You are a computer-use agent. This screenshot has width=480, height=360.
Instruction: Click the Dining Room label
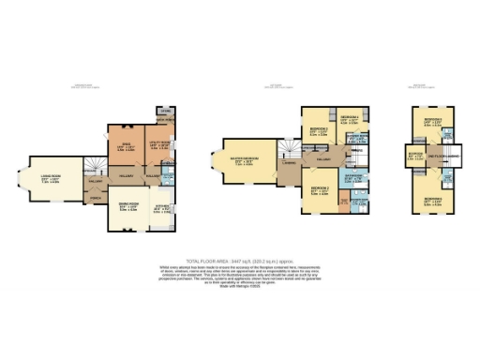pos(127,206)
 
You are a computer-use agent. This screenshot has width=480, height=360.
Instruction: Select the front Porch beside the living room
pos(96,198)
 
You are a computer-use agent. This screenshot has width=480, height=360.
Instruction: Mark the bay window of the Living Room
pos(31,184)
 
